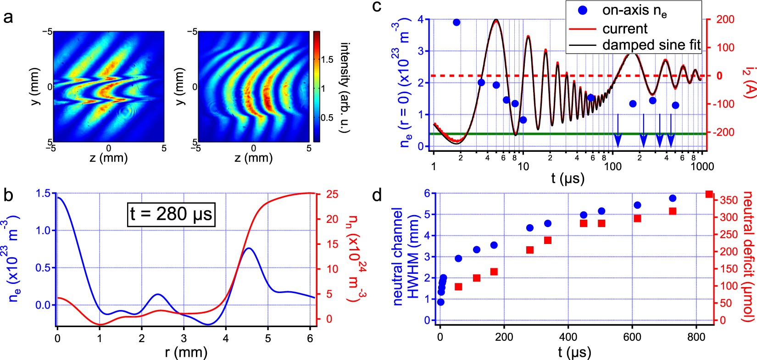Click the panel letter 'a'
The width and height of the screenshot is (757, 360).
coord(8,19)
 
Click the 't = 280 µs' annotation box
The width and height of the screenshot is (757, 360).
coord(171,214)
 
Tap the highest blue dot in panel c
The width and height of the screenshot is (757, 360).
coord(456,22)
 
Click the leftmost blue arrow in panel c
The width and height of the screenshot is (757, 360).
coord(618,138)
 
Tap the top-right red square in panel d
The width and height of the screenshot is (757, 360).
coord(709,194)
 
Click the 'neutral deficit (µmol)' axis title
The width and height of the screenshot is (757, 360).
coord(748,257)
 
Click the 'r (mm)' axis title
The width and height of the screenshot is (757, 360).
coord(186,352)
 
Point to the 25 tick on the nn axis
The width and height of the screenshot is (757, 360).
coord(332,194)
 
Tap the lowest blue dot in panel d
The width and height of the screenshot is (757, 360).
coord(440,302)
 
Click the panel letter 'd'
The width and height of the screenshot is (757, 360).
coord(377,196)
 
